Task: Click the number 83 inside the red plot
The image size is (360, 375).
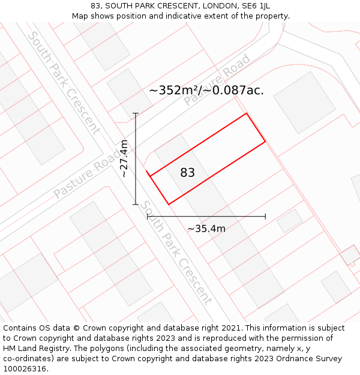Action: pos(187,173)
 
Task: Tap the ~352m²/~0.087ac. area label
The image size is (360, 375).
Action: pos(206,91)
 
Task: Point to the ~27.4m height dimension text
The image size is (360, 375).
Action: pos(124,159)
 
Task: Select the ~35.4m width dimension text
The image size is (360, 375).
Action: pos(206,229)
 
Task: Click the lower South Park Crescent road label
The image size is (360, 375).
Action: pos(176,253)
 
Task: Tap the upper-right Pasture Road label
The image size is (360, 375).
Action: pos(217,80)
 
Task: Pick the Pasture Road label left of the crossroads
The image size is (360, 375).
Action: pos(88,173)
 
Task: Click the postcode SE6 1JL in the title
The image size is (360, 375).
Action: pos(256,6)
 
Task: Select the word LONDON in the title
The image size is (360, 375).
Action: pos(219,6)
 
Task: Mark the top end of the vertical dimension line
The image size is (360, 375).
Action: pos(136,113)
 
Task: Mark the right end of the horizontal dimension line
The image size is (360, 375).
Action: pos(265,217)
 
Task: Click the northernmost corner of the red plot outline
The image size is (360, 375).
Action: pos(246,113)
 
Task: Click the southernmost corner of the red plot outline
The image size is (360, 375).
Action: pos(169,205)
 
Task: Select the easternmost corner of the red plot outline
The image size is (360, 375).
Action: pos(265,142)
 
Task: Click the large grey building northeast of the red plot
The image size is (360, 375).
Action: pos(304,103)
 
